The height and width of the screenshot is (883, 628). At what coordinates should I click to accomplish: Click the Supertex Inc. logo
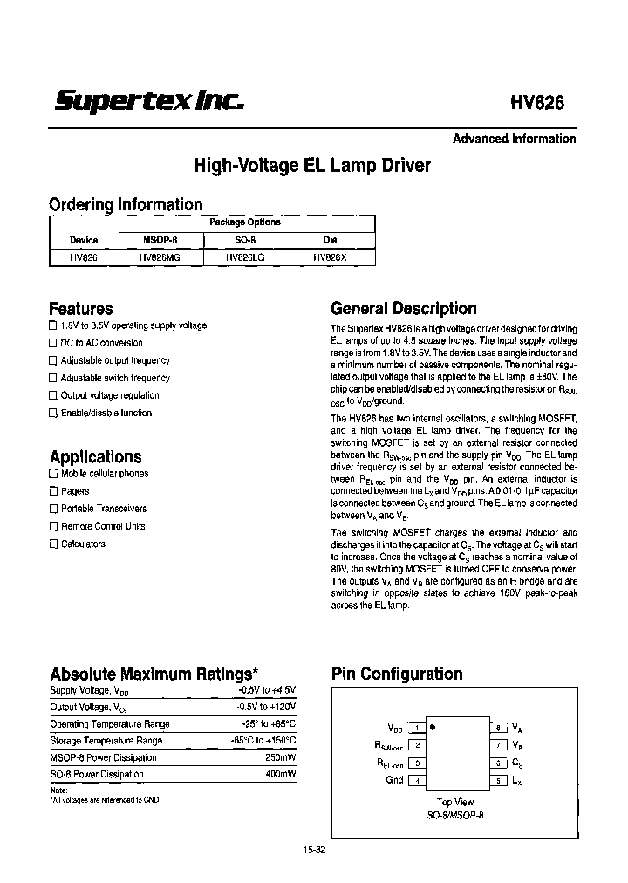[148, 101]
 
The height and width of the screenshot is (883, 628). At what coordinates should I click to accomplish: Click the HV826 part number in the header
[536, 101]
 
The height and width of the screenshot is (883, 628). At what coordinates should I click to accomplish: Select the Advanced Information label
[514, 139]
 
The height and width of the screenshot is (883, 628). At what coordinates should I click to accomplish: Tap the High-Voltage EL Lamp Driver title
[311, 165]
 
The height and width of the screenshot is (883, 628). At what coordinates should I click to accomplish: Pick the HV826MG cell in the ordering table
[159, 257]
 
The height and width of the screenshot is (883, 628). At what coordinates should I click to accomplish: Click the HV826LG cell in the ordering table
[245, 257]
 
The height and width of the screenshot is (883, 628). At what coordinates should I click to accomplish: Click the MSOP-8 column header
[159, 240]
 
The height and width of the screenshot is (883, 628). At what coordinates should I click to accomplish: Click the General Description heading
[403, 308]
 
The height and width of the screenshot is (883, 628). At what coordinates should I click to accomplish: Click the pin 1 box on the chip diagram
[419, 727]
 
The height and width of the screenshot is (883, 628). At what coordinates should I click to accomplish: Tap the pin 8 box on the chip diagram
[497, 727]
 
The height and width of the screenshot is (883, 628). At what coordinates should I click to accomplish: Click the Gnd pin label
[394, 779]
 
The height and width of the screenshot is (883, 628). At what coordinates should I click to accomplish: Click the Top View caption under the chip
[454, 801]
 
